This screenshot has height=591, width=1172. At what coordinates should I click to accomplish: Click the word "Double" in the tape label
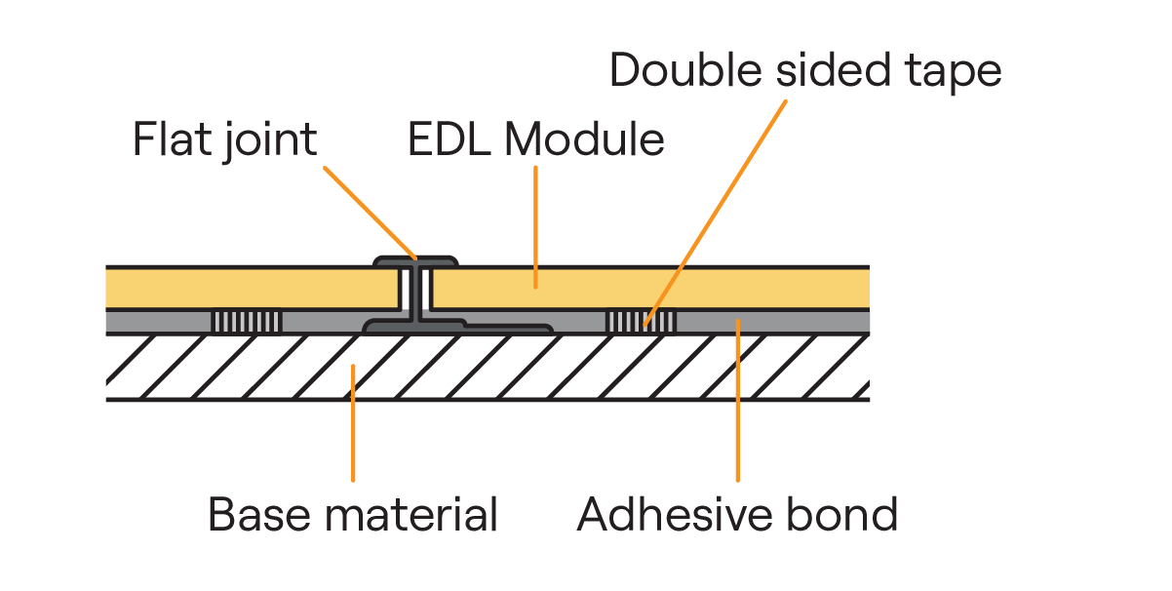(685, 69)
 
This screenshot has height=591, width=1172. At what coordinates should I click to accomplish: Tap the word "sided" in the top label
(833, 69)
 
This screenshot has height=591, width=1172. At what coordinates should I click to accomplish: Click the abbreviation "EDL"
(449, 139)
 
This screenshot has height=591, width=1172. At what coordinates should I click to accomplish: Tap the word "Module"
(584, 138)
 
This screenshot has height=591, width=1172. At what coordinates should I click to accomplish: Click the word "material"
(411, 514)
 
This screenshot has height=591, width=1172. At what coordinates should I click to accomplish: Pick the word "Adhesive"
(675, 514)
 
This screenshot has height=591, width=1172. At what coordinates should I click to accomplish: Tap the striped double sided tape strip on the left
(247, 322)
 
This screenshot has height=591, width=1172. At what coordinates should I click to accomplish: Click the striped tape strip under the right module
(641, 322)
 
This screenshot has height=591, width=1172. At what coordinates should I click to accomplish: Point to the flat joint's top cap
(416, 261)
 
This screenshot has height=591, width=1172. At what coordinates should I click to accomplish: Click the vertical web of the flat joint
(416, 295)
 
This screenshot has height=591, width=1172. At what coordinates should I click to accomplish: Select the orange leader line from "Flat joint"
(371, 214)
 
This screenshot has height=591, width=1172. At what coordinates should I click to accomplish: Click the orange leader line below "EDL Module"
(535, 227)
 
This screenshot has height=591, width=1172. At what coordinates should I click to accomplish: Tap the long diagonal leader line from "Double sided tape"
(716, 214)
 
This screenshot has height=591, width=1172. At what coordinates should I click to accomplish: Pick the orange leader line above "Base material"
(353, 423)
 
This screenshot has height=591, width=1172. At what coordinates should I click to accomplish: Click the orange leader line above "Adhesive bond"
(738, 401)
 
